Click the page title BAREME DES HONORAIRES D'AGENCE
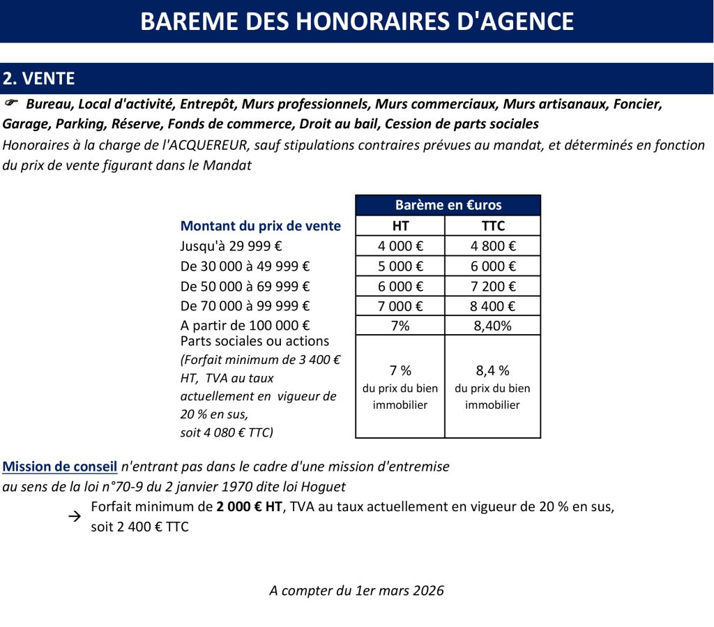pos(357,21)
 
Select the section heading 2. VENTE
pos(39,78)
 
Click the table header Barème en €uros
pos(448,205)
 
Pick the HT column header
pos(400,225)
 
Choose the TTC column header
pos(492,225)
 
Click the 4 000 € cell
pos(400,245)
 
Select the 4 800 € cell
pos(492,245)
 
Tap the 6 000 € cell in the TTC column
pos(492,266)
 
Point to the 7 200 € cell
pos(492,286)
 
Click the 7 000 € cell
pos(400,305)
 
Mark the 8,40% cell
pos(492,325)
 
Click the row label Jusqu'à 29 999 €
pos(231,245)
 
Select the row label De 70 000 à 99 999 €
pos(245,305)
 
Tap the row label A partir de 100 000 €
pos(245,325)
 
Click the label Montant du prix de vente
pos(261,225)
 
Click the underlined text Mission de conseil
pos(60,466)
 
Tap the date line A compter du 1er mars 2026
pos(356,591)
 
